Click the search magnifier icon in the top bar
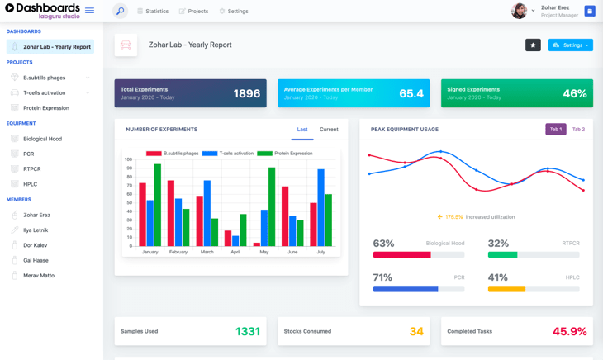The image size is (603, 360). click(x=120, y=12)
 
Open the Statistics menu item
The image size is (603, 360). click(x=153, y=12)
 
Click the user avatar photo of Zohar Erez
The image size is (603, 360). click(x=519, y=11)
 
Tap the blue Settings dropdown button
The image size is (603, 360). click(x=570, y=45)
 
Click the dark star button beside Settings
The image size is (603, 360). click(x=533, y=45)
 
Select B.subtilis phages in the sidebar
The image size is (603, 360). click(x=45, y=78)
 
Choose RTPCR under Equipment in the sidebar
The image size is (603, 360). click(x=32, y=169)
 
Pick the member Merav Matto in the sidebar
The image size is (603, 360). click(x=39, y=275)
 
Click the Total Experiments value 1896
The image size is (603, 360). click(x=246, y=93)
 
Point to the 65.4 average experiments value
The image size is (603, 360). click(x=411, y=93)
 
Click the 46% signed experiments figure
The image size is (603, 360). click(x=574, y=93)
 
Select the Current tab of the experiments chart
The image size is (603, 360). click(x=329, y=130)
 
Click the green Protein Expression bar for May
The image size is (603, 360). click(x=272, y=206)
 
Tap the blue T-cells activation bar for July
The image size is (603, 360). click(x=320, y=207)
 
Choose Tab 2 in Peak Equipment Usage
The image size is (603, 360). click(x=578, y=130)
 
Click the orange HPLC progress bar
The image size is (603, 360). click(x=506, y=289)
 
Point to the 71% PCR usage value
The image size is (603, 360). click(x=382, y=277)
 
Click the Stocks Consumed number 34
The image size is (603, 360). click(x=415, y=331)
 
